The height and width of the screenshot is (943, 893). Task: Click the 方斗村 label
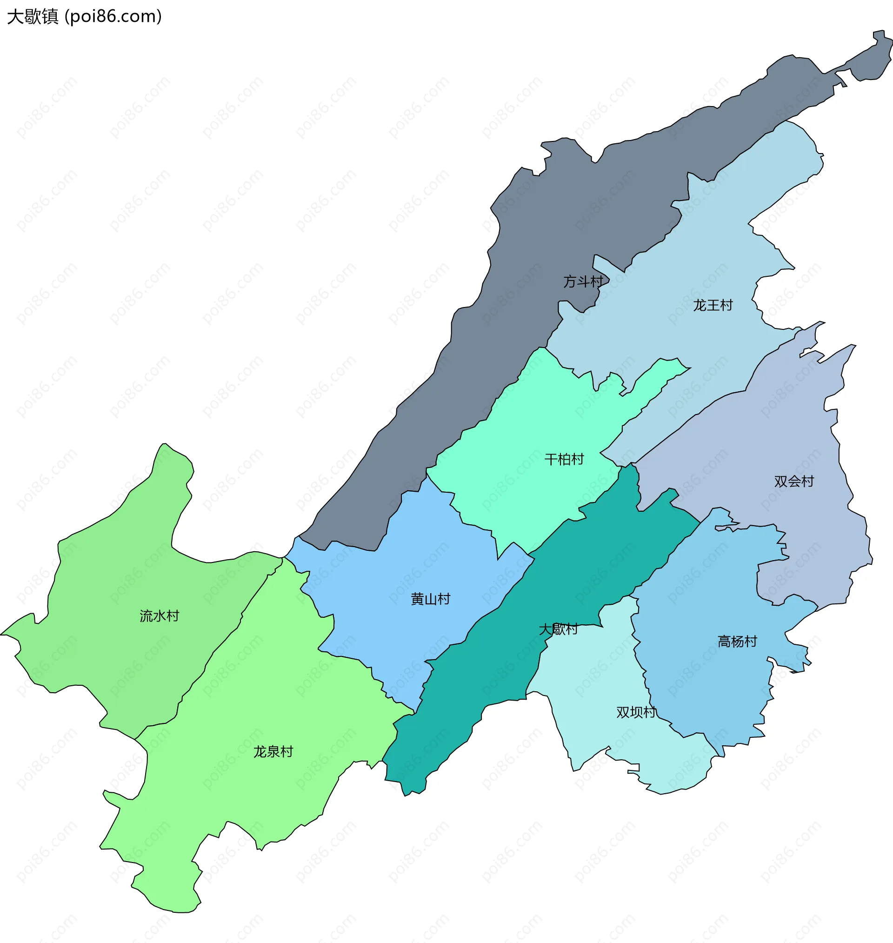pyautogui.click(x=583, y=281)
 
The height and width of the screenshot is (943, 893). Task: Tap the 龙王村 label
pyautogui.click(x=713, y=305)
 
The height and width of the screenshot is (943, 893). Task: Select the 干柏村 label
pyautogui.click(x=564, y=459)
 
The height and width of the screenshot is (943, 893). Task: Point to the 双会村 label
pyautogui.click(x=794, y=481)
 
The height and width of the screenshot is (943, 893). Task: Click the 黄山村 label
pyautogui.click(x=430, y=599)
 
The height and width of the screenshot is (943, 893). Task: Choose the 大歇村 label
pyautogui.click(x=558, y=629)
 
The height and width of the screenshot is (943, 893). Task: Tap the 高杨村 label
pyautogui.click(x=737, y=641)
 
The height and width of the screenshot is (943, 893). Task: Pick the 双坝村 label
pyautogui.click(x=636, y=712)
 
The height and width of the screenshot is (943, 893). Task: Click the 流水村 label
pyautogui.click(x=160, y=616)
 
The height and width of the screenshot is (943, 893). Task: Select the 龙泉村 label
pyautogui.click(x=273, y=752)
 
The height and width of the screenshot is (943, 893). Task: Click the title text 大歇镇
pyautogui.click(x=33, y=17)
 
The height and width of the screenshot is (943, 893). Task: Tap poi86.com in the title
pyautogui.click(x=113, y=17)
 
